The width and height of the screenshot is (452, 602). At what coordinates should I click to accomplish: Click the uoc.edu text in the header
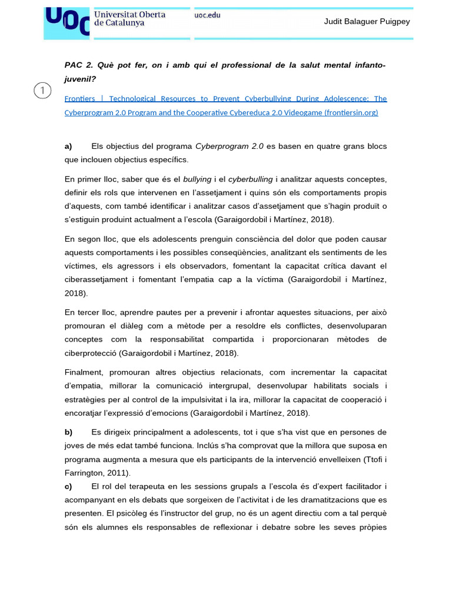tap(207, 15)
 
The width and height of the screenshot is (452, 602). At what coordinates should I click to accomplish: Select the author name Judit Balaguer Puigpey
tap(367, 22)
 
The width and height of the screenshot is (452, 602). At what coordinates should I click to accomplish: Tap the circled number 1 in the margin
tap(42, 91)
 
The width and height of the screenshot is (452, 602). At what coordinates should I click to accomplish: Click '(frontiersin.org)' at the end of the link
tap(351, 112)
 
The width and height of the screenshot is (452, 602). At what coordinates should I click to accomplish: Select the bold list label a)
tap(68, 146)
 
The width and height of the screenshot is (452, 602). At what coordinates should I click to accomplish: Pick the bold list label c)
tap(68, 486)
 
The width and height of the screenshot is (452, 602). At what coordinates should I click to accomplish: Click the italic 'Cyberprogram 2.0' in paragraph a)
tap(230, 146)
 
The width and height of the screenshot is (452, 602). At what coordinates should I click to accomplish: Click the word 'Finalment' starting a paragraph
tap(82, 373)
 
